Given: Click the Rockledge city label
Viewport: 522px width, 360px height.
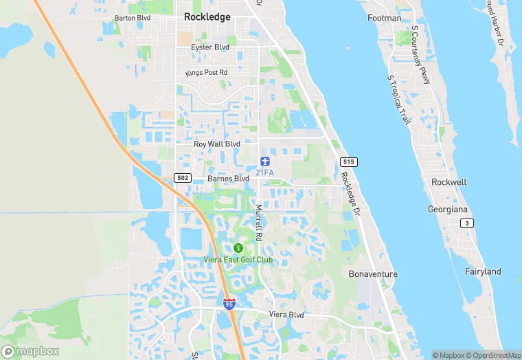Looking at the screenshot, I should [x=207, y=17].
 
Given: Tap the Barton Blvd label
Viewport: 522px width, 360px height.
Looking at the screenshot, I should [x=132, y=18].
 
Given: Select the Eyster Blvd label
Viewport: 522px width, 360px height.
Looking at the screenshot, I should [x=209, y=47].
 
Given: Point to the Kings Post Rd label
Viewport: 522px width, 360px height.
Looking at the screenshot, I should [x=206, y=73].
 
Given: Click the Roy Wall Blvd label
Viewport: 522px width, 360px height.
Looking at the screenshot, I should [x=217, y=144].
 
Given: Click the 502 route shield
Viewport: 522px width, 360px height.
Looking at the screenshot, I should [x=182, y=178].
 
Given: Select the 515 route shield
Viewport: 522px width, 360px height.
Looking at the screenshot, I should [x=348, y=162].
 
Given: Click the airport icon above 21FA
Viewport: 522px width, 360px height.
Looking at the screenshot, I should [x=264, y=161].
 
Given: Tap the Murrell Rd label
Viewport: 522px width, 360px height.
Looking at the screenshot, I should [x=259, y=222].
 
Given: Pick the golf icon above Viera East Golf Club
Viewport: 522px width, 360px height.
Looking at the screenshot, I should [x=238, y=247].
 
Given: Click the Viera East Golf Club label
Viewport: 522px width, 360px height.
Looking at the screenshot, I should [x=238, y=260].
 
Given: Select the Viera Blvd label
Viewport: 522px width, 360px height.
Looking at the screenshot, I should [x=286, y=315].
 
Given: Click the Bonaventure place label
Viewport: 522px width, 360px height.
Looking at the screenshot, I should [x=373, y=273].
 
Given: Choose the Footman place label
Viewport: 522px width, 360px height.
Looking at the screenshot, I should [x=384, y=18].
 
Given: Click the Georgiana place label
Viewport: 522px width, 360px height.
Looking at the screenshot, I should [x=447, y=208].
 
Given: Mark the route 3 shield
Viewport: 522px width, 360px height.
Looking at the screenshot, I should [x=467, y=223].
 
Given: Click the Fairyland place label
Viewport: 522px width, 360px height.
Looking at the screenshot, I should [x=483, y=271].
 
